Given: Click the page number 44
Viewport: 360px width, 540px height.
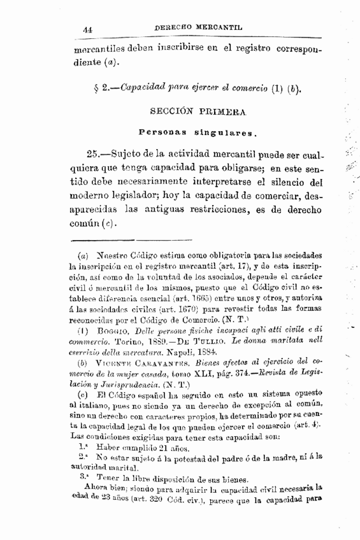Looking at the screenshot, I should [88, 29].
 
